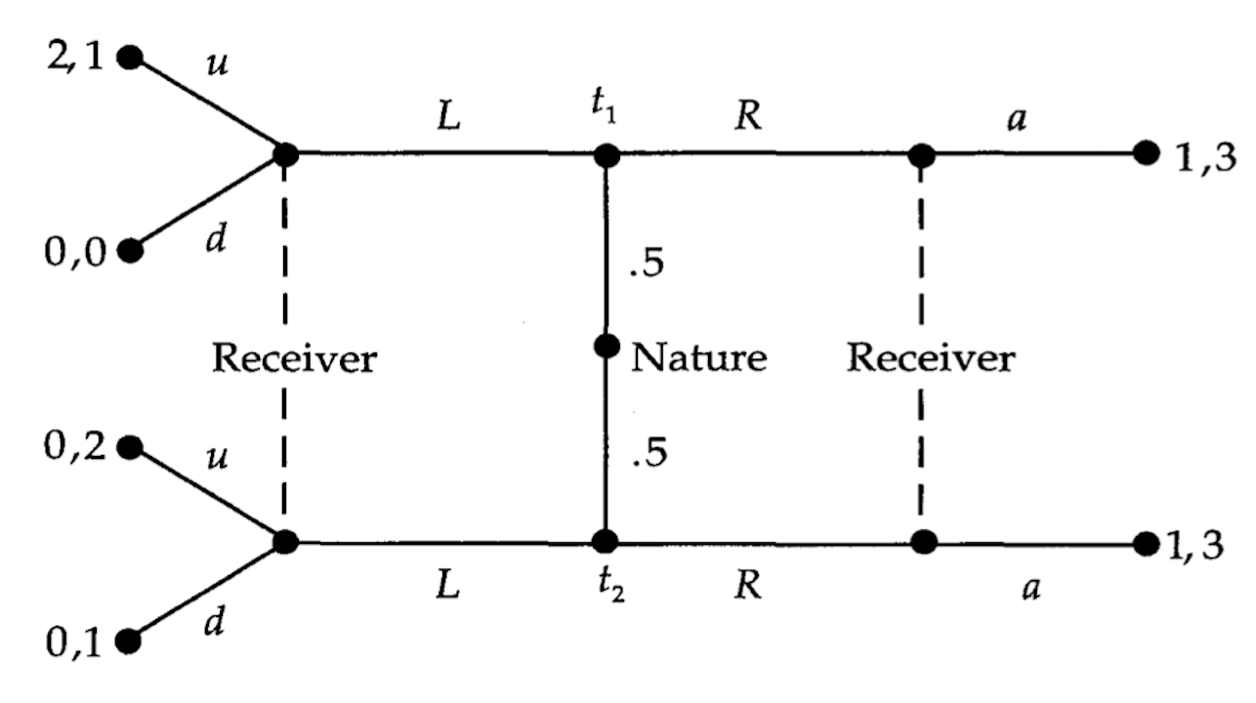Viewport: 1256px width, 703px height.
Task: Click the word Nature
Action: [698, 358]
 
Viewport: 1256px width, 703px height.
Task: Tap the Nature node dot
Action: [607, 346]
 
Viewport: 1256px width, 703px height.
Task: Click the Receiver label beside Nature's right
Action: [930, 358]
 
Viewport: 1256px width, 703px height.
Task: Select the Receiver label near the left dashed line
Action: [294, 358]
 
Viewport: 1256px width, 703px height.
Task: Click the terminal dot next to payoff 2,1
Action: [130, 57]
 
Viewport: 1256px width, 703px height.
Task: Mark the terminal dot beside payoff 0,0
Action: [130, 251]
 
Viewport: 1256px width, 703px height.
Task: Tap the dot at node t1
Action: [607, 154]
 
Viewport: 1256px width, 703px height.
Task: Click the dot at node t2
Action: [607, 541]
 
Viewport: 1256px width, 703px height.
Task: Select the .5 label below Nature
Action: [648, 454]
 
